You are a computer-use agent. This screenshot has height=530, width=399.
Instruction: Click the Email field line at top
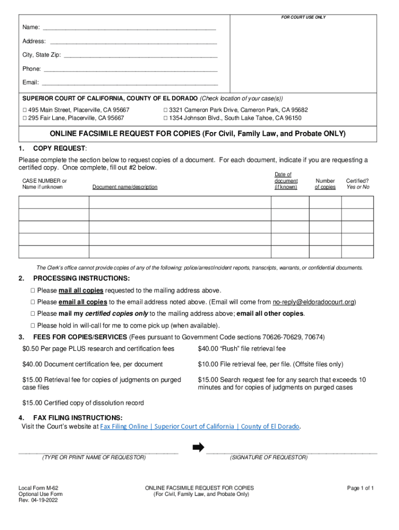130,83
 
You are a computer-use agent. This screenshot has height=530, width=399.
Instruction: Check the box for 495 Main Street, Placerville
24,110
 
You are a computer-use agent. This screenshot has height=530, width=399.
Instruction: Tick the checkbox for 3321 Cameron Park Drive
165,110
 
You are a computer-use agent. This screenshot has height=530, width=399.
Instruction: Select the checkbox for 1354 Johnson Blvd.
165,118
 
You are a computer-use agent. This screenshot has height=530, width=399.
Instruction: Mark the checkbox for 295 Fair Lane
24,118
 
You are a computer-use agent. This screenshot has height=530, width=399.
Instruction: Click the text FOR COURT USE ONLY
303,18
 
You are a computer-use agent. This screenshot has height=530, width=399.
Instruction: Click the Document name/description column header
125,187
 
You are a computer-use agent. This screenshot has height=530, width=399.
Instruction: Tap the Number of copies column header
325,184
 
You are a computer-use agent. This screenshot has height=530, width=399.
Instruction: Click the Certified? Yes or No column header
358,184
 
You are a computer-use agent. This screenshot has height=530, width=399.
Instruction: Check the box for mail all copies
32,290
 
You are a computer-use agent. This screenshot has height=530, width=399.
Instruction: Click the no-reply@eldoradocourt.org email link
313,302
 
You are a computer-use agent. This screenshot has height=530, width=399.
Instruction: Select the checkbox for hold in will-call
32,326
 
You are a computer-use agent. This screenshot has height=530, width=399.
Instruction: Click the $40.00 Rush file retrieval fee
241,349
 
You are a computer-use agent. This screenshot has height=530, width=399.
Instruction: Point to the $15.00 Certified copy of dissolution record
83,403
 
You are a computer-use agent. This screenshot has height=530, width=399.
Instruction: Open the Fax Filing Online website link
199,426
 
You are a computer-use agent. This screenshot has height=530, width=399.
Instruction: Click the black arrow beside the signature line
198,448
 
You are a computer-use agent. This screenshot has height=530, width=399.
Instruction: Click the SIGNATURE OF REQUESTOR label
268,458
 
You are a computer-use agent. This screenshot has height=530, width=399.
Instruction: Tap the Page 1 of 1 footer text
360,488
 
